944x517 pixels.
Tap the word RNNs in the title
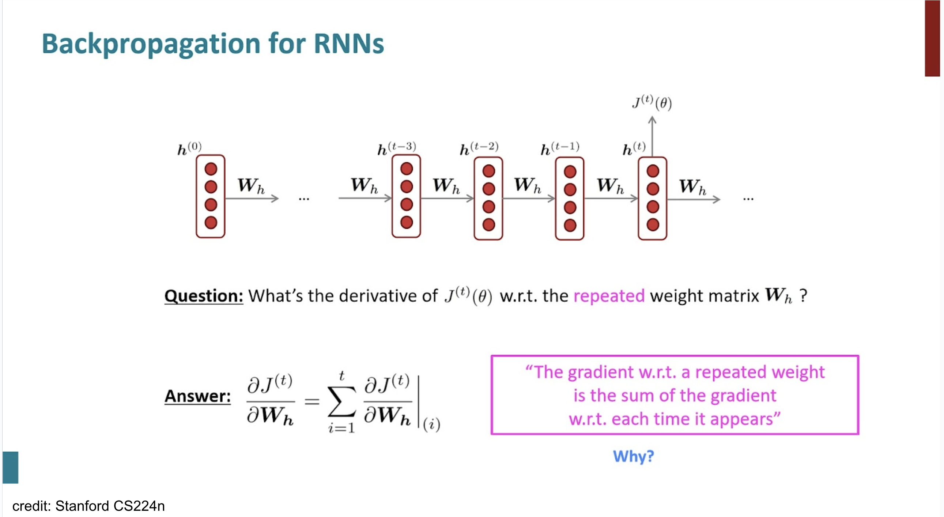click(349, 44)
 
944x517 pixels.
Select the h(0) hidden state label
click(189, 148)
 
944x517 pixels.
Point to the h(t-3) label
click(397, 148)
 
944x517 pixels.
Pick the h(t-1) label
click(560, 148)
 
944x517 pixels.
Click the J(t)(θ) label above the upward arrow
click(652, 103)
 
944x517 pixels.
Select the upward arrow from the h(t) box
click(652, 137)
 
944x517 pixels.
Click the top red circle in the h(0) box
click(211, 169)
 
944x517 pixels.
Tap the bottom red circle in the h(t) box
click(653, 224)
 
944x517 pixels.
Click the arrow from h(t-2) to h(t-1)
click(529, 199)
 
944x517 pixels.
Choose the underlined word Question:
click(204, 296)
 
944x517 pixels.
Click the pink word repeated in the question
click(609, 296)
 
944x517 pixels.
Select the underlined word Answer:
click(197, 396)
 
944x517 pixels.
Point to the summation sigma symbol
click(341, 401)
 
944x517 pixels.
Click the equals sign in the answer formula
click(312, 401)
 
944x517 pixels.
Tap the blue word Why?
click(634, 456)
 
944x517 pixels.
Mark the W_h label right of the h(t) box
click(692, 186)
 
